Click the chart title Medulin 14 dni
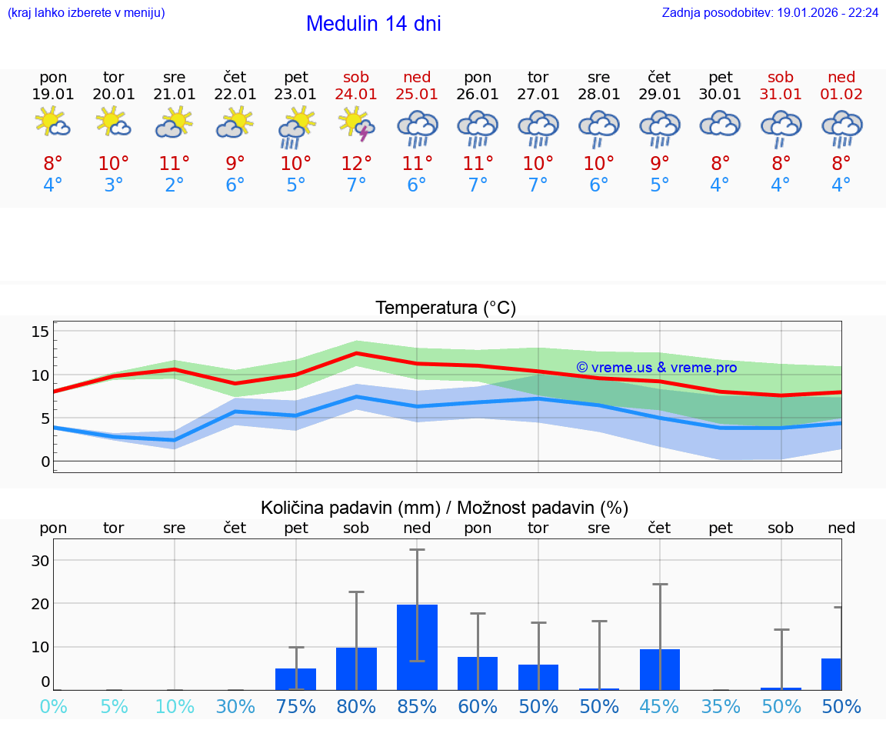[x=373, y=24]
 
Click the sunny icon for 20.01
[x=113, y=122]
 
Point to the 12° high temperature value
[x=357, y=163]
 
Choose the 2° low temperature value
[x=175, y=185]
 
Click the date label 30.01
[x=720, y=94]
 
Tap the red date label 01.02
[x=841, y=94]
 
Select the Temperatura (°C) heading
[x=445, y=308]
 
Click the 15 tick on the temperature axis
[x=40, y=332]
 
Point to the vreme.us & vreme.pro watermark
[x=656, y=368]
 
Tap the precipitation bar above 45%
[x=659, y=669]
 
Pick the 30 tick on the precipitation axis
[x=40, y=560]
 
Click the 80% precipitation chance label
[x=356, y=706]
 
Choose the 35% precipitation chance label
[x=721, y=706]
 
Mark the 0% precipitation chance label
[x=53, y=706]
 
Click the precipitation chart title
[x=445, y=508]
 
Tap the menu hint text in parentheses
[x=86, y=13]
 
